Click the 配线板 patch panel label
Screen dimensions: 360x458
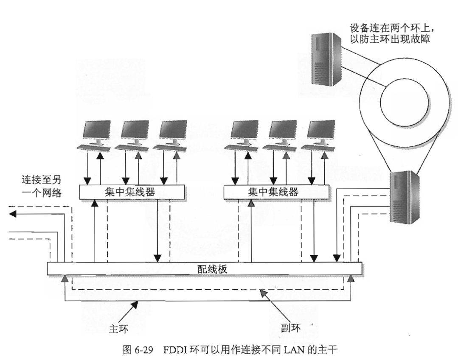205,268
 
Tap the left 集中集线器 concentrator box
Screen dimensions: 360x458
132,192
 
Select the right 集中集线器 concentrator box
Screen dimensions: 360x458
276,192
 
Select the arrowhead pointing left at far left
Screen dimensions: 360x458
13,214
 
